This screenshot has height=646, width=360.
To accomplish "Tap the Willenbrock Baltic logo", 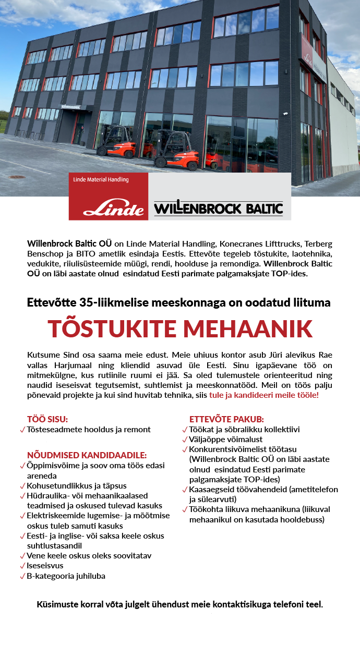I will (x=219, y=209).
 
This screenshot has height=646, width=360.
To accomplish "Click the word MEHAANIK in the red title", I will (x=248, y=328).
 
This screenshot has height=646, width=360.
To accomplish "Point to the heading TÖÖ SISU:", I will (x=47, y=419).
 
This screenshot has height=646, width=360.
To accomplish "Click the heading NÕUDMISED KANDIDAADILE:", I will (x=87, y=455).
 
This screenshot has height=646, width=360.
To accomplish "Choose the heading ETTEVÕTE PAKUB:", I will (x=226, y=419).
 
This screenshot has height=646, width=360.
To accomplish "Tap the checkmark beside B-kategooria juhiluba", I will (x=22, y=576).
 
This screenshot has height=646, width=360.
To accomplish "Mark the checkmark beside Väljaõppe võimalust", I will (x=185, y=440).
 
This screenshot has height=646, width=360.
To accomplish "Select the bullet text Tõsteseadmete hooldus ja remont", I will (x=89, y=430).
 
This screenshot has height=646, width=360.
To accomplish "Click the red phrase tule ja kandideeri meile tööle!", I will (x=263, y=395).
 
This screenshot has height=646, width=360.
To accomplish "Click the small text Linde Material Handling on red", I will (x=101, y=180).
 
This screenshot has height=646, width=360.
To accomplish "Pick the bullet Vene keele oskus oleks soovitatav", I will (x=89, y=556).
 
